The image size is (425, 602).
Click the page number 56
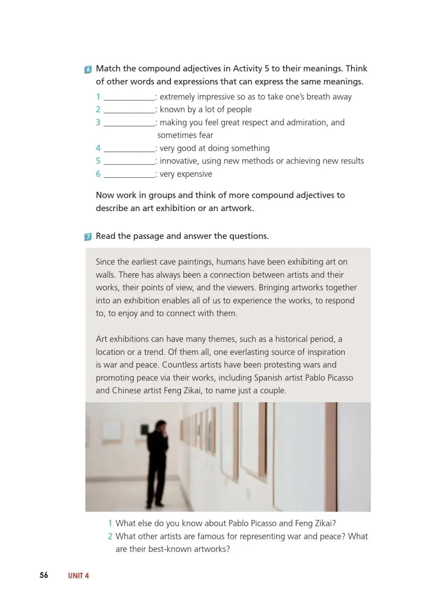[x=44, y=575]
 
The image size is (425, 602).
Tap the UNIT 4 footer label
[x=78, y=576]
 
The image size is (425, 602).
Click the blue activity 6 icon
[x=88, y=70]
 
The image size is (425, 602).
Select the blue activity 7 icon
[x=88, y=237]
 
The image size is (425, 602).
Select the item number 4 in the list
[x=98, y=148]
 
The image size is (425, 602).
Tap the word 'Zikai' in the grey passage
[x=190, y=390]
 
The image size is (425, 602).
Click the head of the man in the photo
[x=161, y=426]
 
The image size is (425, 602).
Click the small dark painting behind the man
[x=145, y=429]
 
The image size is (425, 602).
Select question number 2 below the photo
[x=110, y=536]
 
